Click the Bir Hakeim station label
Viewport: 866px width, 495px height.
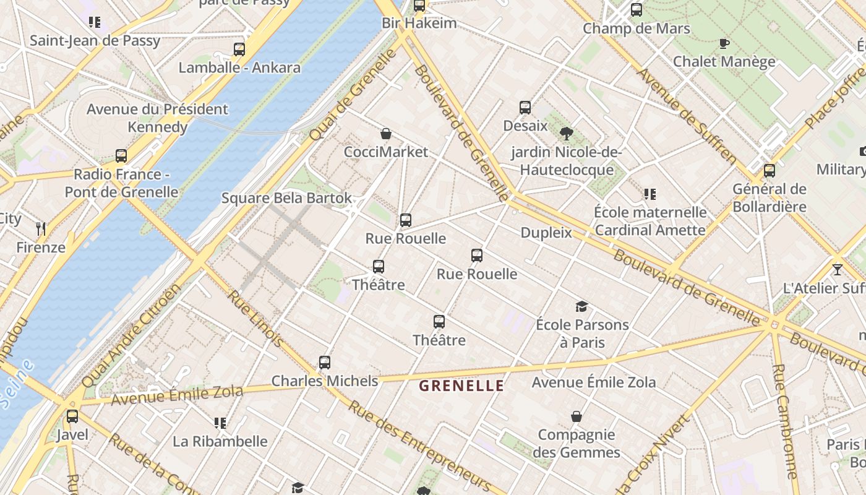coord(419,24)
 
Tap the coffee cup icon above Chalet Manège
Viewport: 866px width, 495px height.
coord(724,43)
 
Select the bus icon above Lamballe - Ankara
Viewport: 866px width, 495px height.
coord(239,49)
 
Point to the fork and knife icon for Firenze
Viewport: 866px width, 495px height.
coord(41,229)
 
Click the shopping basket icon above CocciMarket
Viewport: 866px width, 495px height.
coord(386,134)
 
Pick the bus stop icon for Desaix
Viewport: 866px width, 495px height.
coord(525,108)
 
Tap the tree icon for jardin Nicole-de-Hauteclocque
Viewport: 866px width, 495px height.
coord(566,133)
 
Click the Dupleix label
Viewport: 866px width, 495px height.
coord(546,233)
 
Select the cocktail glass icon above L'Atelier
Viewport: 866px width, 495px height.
coord(838,270)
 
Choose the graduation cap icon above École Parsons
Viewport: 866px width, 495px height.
coord(581,306)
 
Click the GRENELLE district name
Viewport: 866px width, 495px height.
coord(461,386)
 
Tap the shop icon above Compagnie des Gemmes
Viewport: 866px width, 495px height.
coord(577,416)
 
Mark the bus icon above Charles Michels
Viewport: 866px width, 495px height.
coord(325,363)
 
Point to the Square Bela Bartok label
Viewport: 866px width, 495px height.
coord(286,198)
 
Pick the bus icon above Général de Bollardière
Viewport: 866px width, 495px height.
coord(770,171)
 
